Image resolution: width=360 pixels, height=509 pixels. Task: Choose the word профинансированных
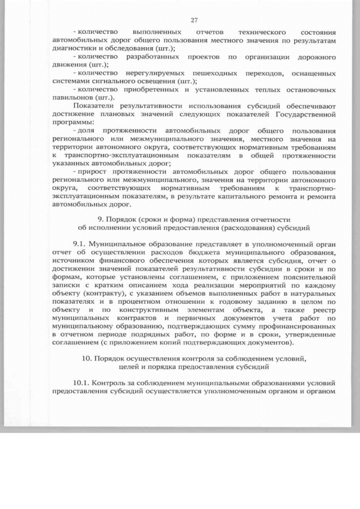click(293, 326)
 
